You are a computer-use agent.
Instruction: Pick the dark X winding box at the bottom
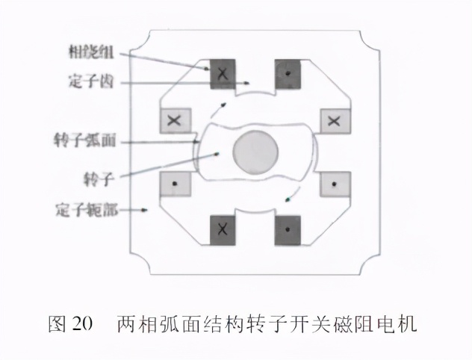pos(222,230)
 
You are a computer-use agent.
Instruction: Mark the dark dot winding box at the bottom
pos(287,230)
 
